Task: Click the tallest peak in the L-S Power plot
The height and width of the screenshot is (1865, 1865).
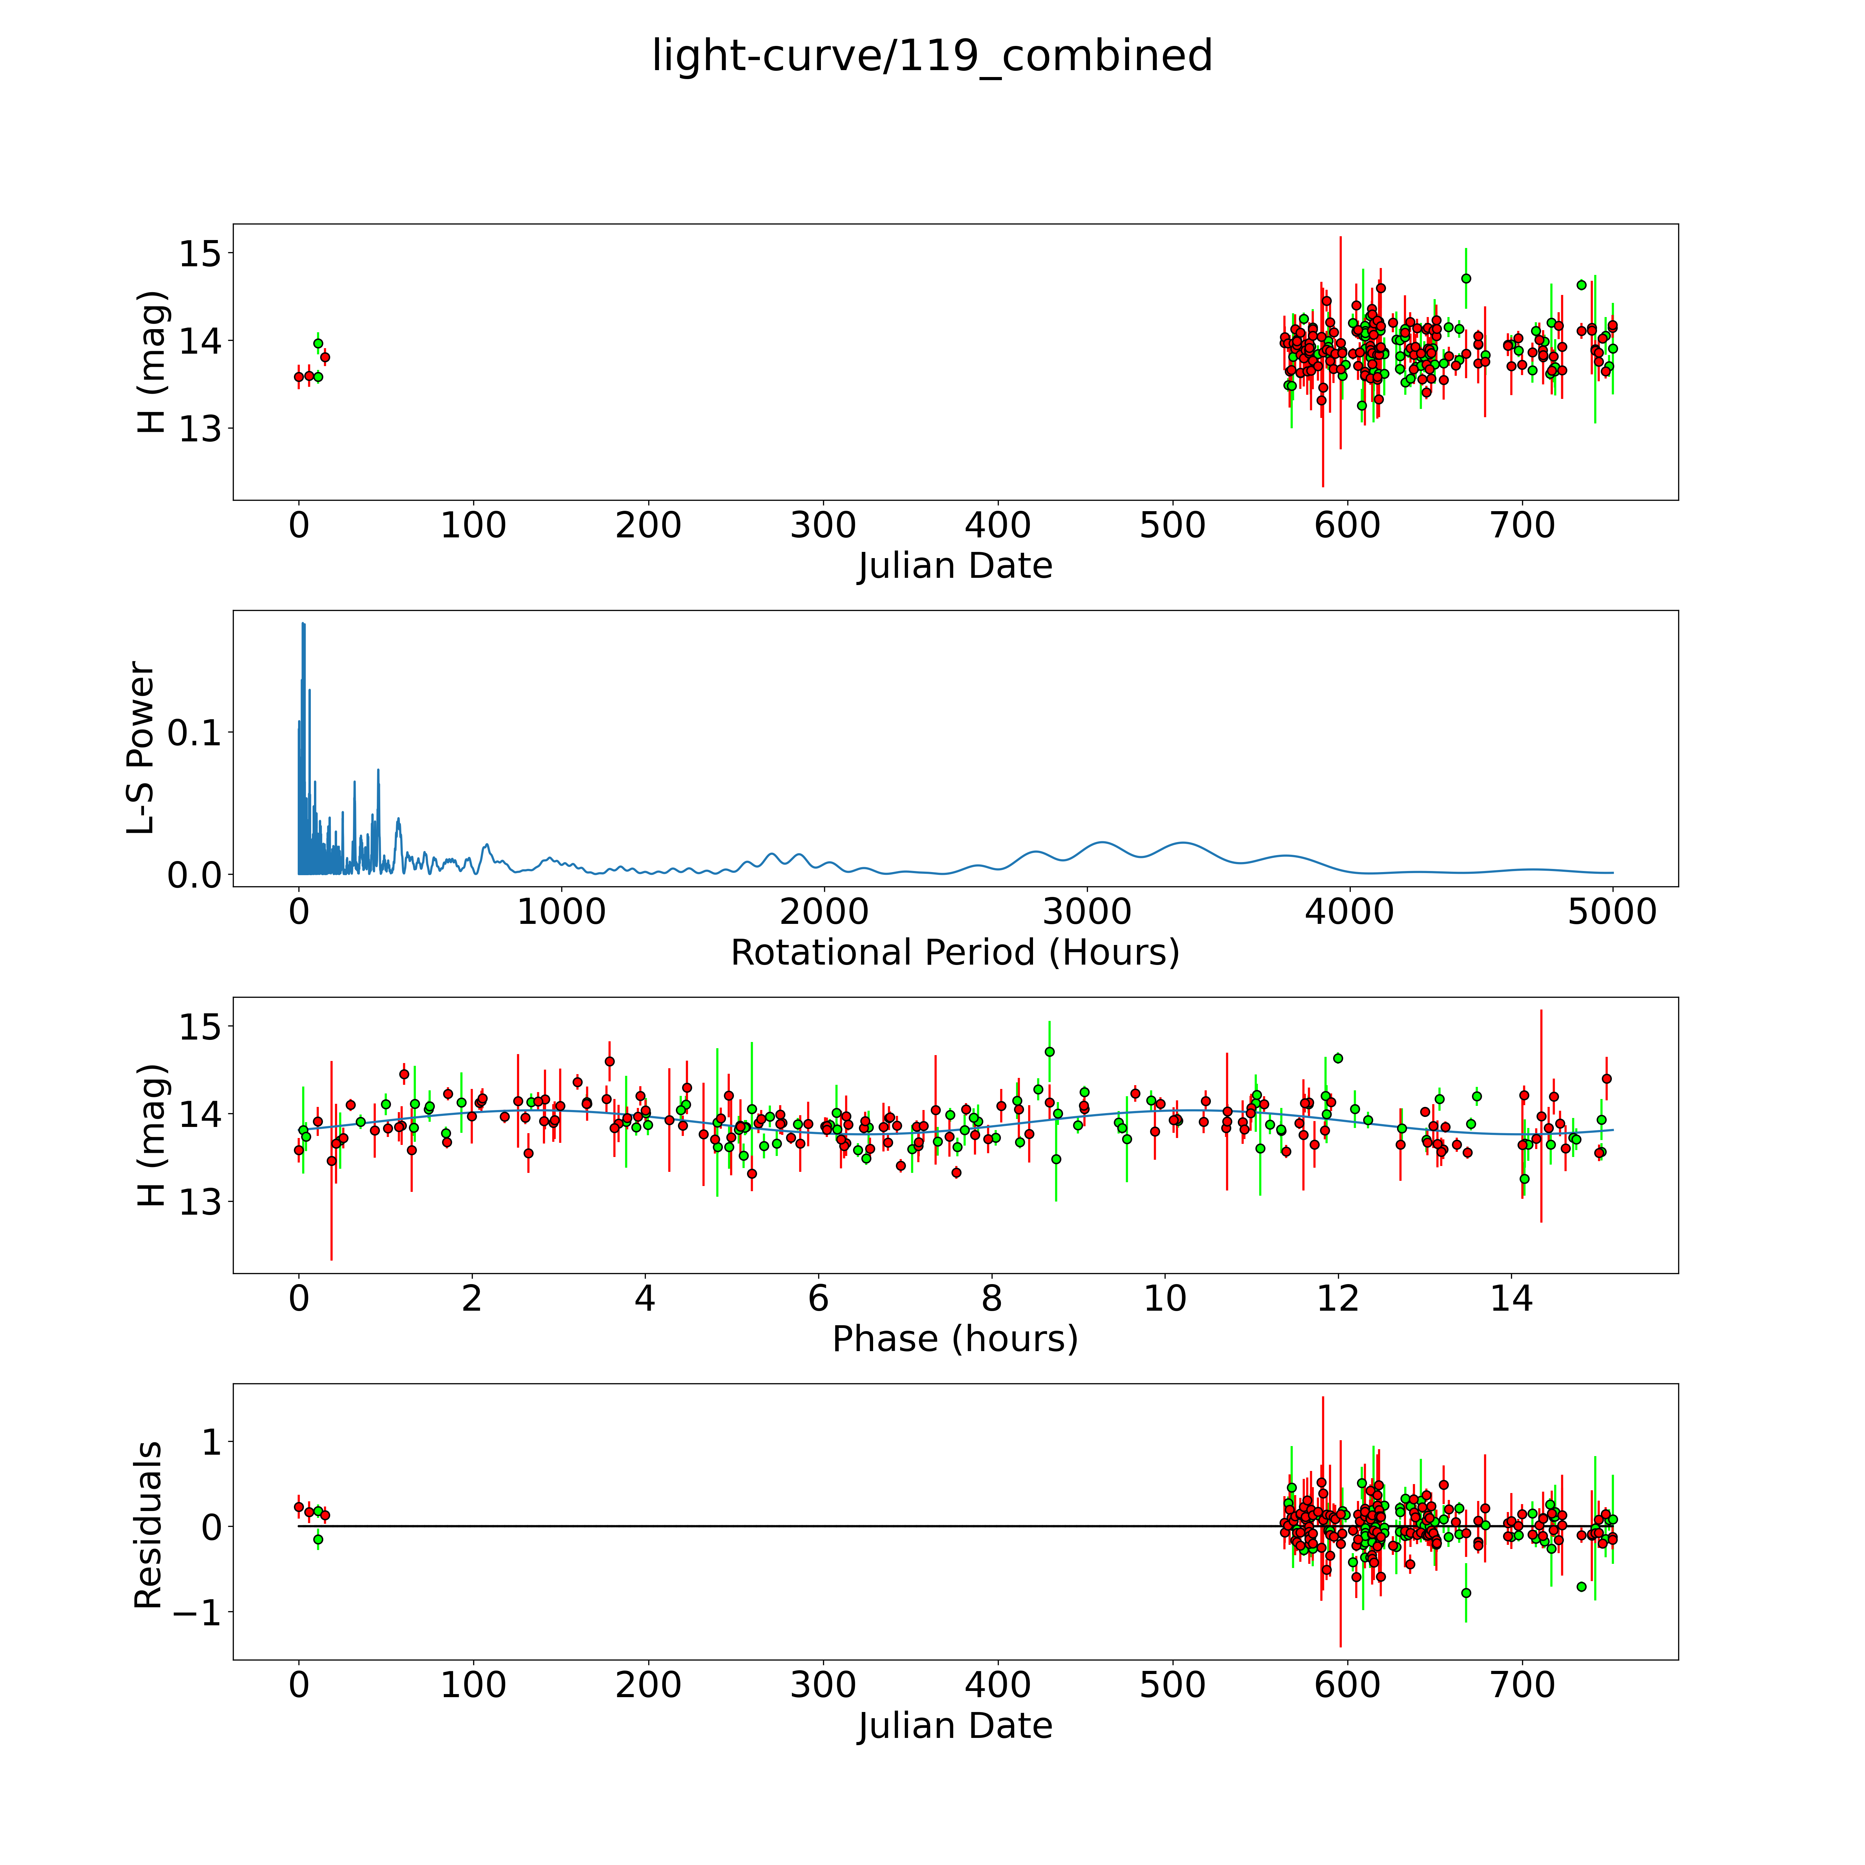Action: point(303,624)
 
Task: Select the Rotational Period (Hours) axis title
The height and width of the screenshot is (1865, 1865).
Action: point(955,953)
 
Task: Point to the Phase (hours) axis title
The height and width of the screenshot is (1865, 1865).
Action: point(955,1339)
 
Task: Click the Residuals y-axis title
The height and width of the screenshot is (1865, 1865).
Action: point(148,1525)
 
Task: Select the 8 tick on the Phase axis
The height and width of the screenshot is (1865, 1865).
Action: point(991,1298)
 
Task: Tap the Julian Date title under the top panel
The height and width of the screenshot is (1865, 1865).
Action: point(955,566)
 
